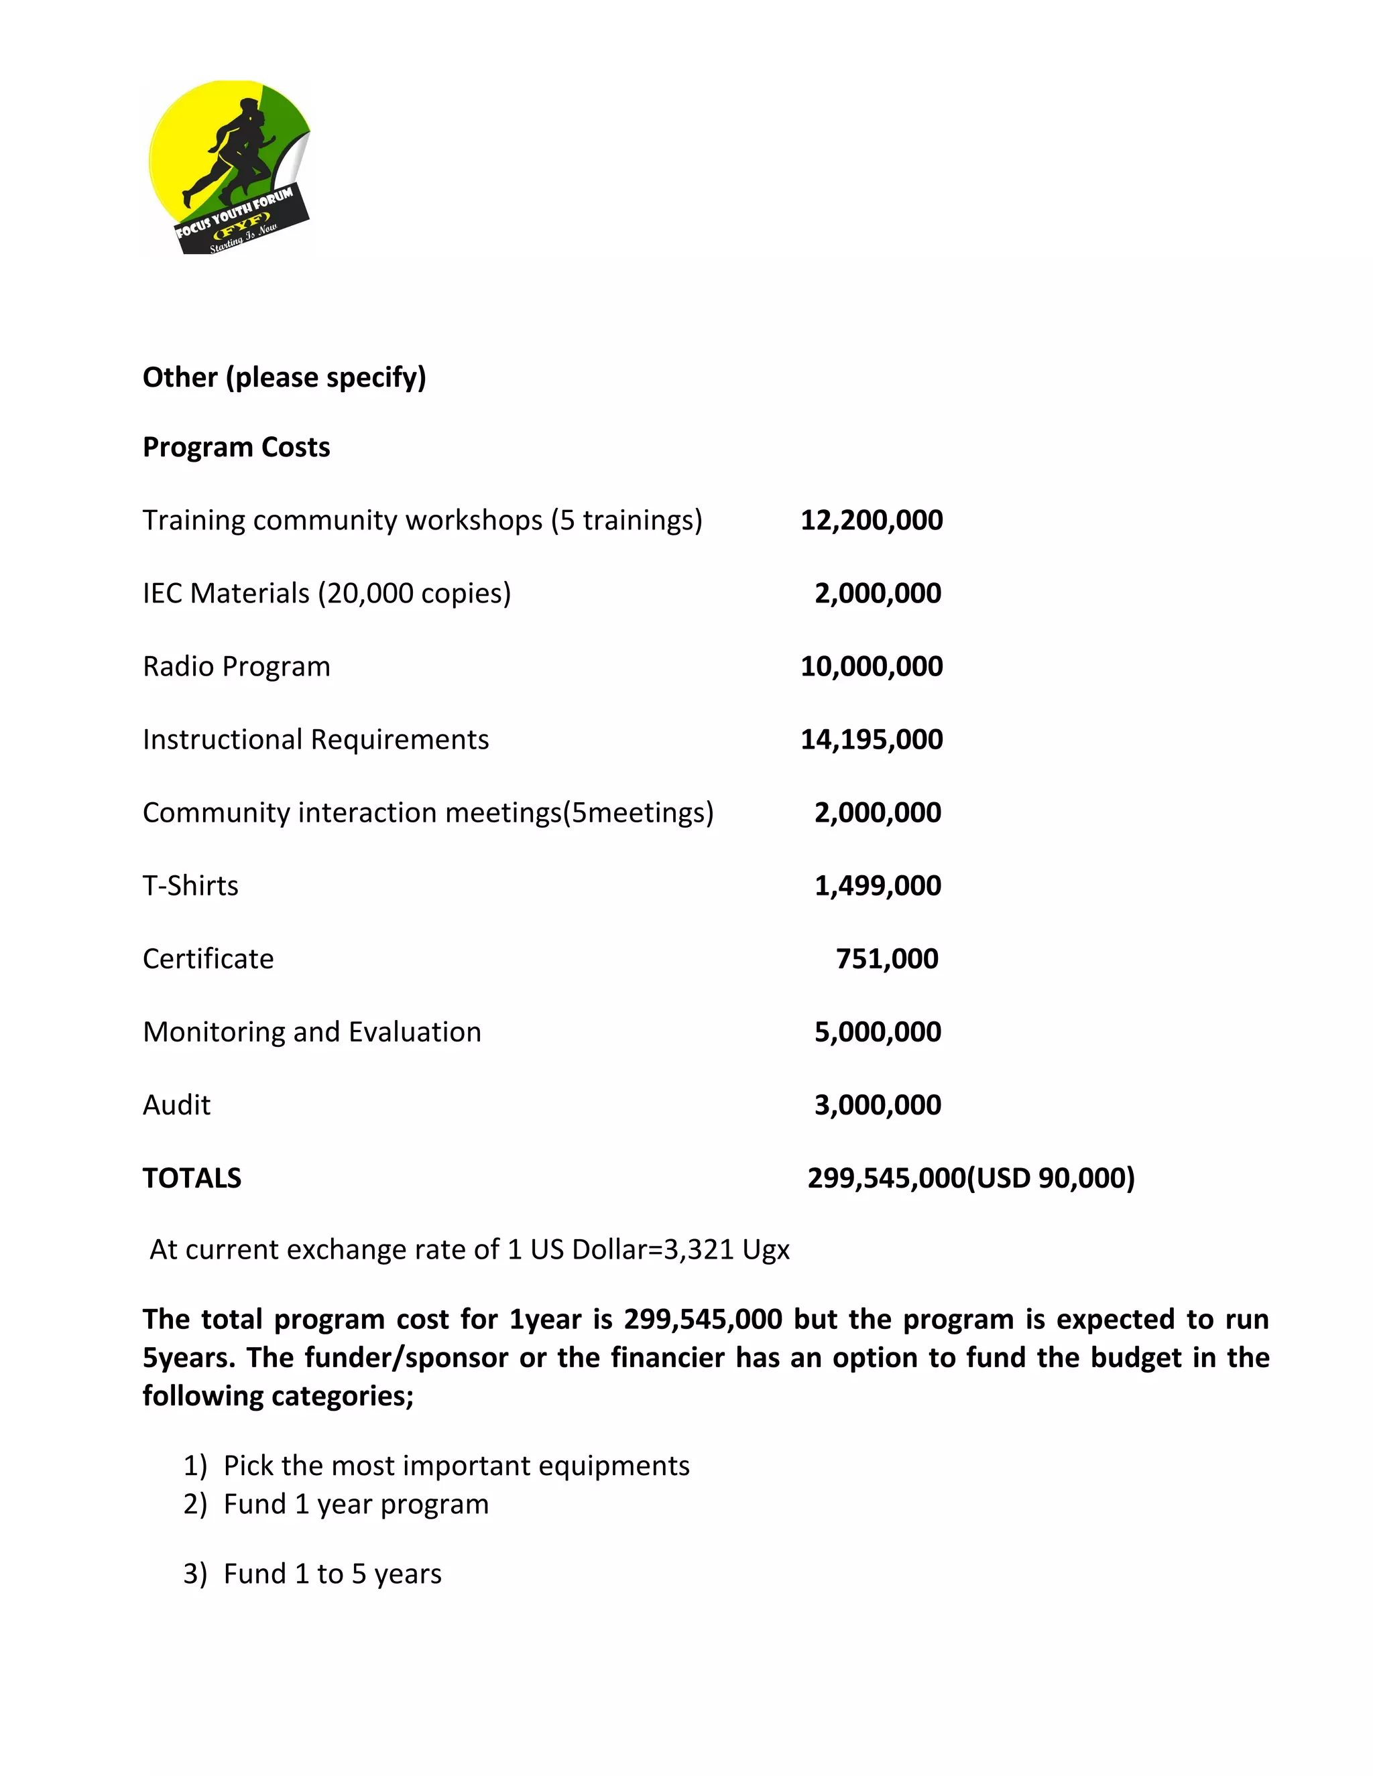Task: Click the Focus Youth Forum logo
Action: pos(229,168)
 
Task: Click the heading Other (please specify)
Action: pos(284,377)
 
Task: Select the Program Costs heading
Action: pos(236,447)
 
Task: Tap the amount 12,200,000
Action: pos(871,521)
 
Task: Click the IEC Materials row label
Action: pos(326,594)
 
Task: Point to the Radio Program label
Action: pos(236,667)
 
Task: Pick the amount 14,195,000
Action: pos(871,740)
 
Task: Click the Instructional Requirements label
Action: pos(316,740)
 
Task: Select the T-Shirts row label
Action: pos(190,885)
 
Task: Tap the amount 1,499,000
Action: pos(878,885)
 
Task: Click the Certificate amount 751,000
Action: pos(886,959)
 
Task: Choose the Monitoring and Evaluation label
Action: pos(312,1032)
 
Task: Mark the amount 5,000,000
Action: pos(878,1032)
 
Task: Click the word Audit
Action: pos(176,1105)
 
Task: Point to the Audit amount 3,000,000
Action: pos(878,1105)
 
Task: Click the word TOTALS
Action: pos(192,1178)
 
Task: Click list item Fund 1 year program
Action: pos(355,1505)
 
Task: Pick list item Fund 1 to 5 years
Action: pos(332,1574)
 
